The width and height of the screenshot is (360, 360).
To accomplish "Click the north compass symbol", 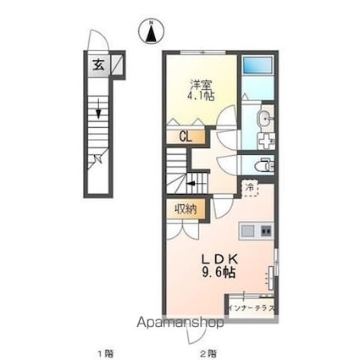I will [x=151, y=31].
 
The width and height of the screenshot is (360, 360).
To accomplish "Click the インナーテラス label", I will [x=251, y=307].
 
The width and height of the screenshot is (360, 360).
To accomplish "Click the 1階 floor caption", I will [x=102, y=350].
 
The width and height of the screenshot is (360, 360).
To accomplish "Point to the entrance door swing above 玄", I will [x=97, y=42].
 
